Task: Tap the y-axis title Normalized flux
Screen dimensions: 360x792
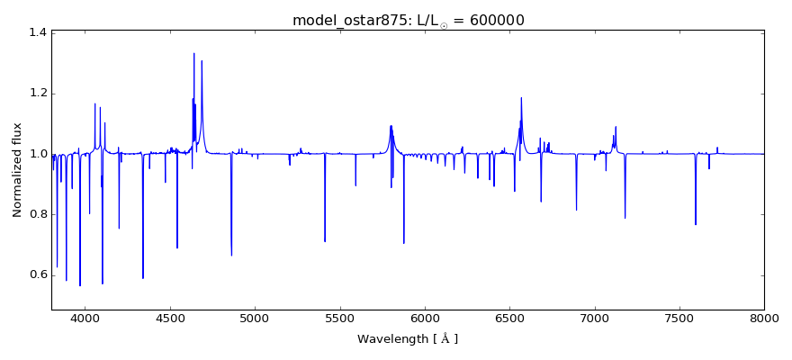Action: coord(17,170)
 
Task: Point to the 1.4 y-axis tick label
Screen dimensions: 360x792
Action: coord(37,33)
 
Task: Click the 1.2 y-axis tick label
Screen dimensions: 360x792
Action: coord(37,94)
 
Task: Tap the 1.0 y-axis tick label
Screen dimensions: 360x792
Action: coord(37,154)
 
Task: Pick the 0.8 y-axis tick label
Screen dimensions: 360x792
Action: coord(37,214)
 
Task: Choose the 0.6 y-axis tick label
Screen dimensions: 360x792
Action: coord(37,274)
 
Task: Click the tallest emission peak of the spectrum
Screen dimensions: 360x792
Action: coord(193,54)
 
